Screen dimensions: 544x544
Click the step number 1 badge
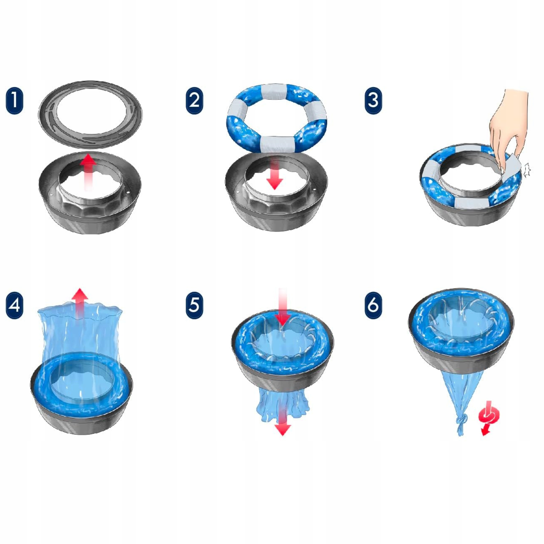pos(14,101)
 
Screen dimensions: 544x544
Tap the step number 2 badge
pos(194,101)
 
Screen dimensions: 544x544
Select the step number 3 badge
pos(373,101)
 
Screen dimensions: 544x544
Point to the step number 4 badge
pos(14,306)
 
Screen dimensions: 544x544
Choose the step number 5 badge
pos(194,306)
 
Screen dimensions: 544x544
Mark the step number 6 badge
pos(373,306)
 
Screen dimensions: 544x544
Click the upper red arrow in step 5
pos(282,307)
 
